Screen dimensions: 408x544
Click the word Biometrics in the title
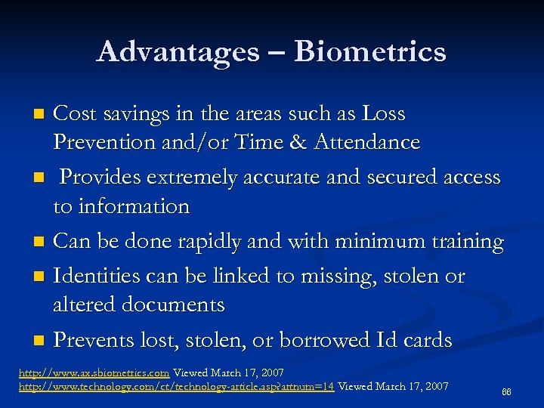click(x=370, y=52)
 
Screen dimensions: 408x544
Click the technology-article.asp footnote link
click(x=166, y=386)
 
